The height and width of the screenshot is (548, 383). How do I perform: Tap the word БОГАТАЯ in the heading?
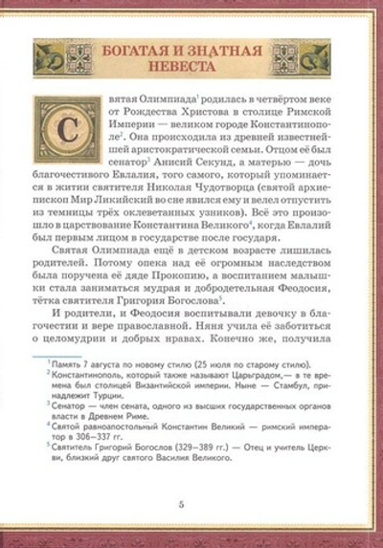(136, 48)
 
